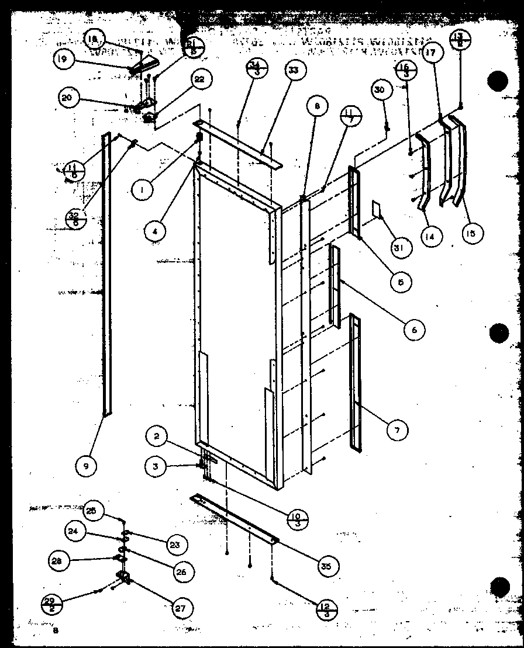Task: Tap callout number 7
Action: tap(398, 430)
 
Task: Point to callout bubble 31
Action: tap(402, 247)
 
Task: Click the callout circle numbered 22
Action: tap(199, 81)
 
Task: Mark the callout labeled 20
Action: tap(68, 98)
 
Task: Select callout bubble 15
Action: tap(472, 234)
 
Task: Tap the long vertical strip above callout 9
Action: tap(106, 275)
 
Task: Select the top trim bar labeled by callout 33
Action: tap(240, 144)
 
